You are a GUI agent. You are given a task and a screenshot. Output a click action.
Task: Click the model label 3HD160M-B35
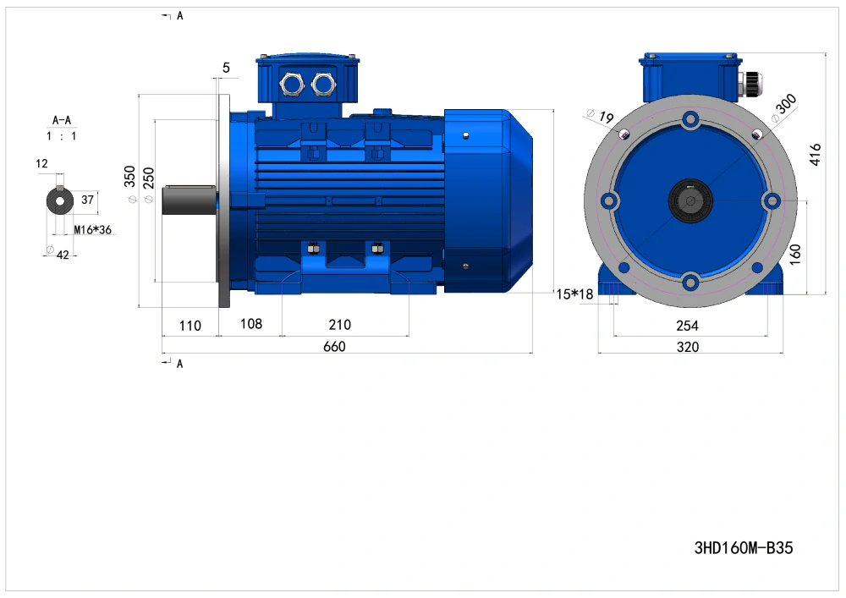click(744, 548)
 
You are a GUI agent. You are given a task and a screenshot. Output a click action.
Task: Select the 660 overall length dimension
click(334, 347)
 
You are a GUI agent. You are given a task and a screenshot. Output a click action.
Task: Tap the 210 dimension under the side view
click(340, 325)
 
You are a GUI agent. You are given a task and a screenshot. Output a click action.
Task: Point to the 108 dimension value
click(251, 324)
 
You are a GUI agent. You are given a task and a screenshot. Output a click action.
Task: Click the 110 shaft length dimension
click(190, 326)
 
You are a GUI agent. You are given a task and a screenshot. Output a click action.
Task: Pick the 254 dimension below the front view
click(687, 326)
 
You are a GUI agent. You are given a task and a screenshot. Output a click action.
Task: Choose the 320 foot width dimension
click(687, 347)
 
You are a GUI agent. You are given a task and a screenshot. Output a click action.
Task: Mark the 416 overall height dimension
click(816, 154)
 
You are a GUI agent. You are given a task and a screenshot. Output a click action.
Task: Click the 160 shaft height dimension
click(795, 254)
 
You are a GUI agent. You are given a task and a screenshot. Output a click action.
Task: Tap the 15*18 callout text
click(574, 294)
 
